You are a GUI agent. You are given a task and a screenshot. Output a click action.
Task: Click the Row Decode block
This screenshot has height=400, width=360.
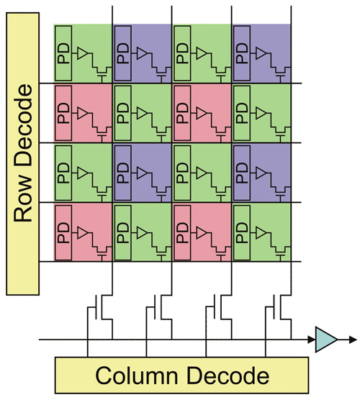23,154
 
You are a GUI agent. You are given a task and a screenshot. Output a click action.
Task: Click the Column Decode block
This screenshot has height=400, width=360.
181,375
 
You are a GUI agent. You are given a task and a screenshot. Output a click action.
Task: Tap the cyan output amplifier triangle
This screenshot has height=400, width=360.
326,340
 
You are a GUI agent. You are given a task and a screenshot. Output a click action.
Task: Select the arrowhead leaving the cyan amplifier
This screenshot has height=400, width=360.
353,340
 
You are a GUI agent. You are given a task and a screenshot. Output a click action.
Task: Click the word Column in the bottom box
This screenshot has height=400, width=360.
137,376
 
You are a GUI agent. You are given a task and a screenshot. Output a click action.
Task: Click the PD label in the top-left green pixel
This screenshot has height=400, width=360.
63,53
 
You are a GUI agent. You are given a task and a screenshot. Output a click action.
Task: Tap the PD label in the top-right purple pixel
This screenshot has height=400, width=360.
242,53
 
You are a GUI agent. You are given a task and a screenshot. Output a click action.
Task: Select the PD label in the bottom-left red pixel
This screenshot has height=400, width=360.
63,232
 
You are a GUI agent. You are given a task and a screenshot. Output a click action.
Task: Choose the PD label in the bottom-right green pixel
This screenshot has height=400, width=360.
242,232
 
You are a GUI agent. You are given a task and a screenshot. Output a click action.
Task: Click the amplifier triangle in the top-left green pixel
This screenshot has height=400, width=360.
82,53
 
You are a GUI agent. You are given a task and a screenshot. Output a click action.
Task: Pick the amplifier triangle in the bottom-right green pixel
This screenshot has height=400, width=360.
261,232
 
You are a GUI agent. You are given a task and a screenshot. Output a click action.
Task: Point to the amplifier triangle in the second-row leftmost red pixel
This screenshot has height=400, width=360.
82,113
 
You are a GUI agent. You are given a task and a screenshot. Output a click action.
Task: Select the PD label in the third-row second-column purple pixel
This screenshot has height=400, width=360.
123,173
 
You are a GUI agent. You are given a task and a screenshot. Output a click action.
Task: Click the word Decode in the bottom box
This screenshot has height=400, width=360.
228,376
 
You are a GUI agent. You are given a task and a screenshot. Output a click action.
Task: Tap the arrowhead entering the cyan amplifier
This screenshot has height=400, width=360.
312,340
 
